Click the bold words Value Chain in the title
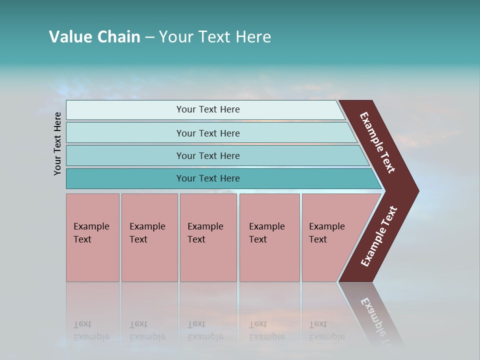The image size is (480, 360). (94, 37)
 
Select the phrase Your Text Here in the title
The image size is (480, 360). (215, 37)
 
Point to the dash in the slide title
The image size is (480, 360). (149, 37)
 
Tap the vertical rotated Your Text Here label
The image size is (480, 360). (57, 143)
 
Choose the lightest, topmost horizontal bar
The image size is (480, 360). (207, 109)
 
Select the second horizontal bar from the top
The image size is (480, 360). (207, 133)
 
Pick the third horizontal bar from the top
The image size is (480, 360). (207, 155)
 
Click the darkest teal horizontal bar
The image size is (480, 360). (207, 178)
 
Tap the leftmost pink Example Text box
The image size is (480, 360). (92, 237)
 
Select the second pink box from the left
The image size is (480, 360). (149, 237)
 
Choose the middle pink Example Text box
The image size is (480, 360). (208, 237)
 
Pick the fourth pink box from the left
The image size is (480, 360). (269, 237)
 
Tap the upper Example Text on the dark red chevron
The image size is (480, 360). (378, 142)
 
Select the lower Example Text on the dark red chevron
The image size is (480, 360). (379, 236)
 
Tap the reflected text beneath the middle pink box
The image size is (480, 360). (205, 330)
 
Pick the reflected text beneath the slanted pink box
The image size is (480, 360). (326, 330)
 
